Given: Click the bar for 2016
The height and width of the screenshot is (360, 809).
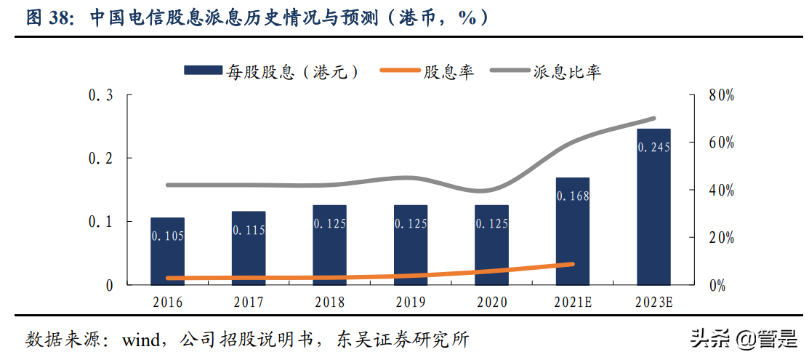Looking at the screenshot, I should click(167, 251).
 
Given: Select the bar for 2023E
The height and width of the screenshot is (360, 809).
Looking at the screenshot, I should click(653, 207).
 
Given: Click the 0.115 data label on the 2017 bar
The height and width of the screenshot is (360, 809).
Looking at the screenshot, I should click(249, 230).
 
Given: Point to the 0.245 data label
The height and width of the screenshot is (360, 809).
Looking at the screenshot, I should click(653, 147).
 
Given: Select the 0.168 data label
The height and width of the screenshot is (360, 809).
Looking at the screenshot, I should click(572, 196).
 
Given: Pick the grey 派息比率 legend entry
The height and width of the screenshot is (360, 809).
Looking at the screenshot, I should click(545, 71).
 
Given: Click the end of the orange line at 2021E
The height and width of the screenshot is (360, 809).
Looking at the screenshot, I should click(572, 265).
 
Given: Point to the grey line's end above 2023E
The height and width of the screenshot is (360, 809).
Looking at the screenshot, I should click(653, 119).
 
